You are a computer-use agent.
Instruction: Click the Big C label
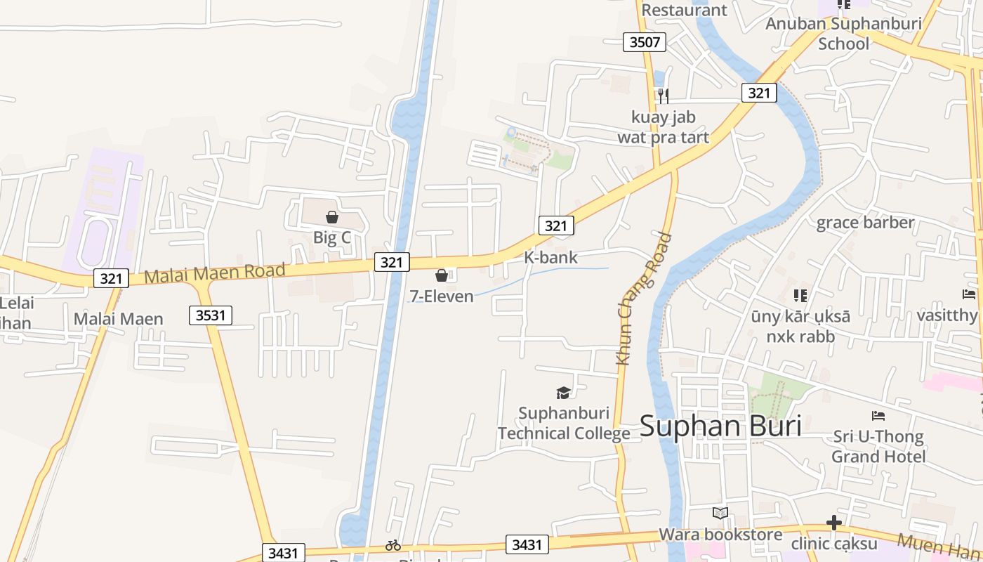pyautogui.click(x=331, y=237)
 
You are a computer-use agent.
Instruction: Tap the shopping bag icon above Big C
pyautogui.click(x=332, y=217)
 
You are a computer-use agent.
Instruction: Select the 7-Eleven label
pyautogui.click(x=442, y=296)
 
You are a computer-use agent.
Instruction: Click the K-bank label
pyautogui.click(x=550, y=257)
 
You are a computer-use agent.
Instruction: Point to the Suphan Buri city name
pyautogui.click(x=720, y=426)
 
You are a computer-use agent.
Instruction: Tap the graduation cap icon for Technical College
pyautogui.click(x=563, y=393)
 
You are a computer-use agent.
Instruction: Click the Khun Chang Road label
pyautogui.click(x=643, y=299)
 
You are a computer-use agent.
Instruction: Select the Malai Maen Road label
pyautogui.click(x=215, y=273)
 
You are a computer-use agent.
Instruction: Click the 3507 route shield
pyautogui.click(x=645, y=42)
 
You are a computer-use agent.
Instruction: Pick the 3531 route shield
pyautogui.click(x=211, y=315)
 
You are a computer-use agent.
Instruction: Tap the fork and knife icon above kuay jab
pyautogui.click(x=663, y=96)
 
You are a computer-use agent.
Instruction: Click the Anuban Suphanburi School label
pyautogui.click(x=843, y=33)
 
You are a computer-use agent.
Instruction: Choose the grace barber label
pyautogui.click(x=865, y=223)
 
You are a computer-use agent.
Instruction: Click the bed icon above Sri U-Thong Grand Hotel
pyautogui.click(x=878, y=416)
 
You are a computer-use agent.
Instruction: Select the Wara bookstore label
pyautogui.click(x=720, y=535)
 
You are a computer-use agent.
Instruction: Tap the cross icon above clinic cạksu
pyautogui.click(x=834, y=523)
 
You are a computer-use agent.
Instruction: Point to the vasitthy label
pyautogui.click(x=946, y=315)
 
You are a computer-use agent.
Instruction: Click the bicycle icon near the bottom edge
pyautogui.click(x=393, y=544)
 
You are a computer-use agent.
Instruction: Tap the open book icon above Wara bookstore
pyautogui.click(x=720, y=514)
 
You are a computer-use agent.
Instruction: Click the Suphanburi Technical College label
pyautogui.click(x=564, y=423)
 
